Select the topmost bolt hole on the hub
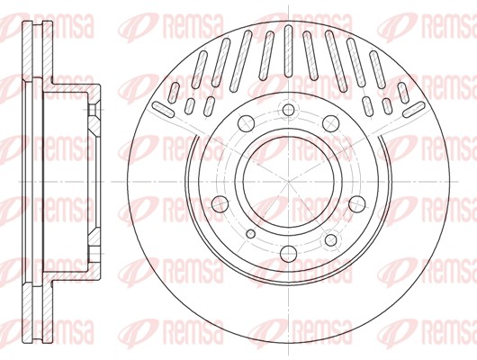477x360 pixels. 288,111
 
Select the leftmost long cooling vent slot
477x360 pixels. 166,109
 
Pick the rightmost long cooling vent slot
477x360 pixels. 409,109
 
